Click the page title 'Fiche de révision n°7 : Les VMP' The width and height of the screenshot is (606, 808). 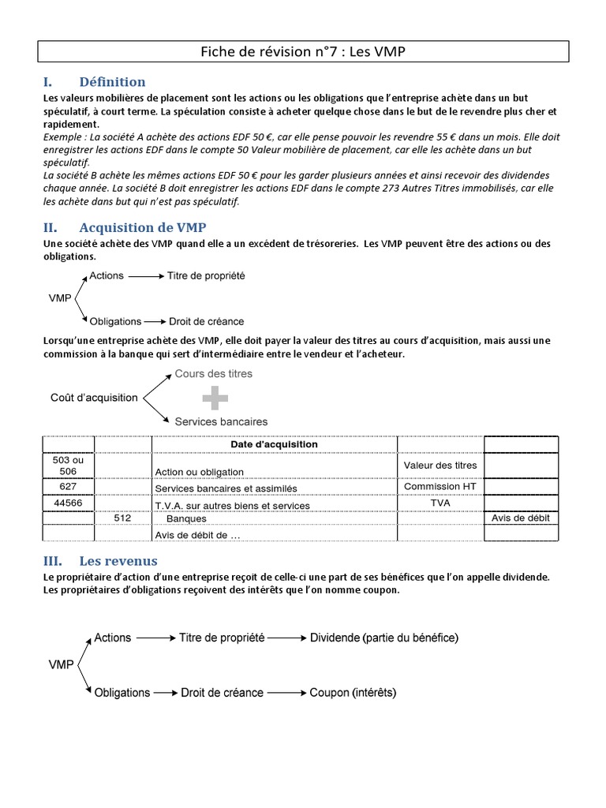pyautogui.click(x=303, y=51)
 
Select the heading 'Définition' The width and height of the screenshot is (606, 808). pyautogui.click(x=112, y=82)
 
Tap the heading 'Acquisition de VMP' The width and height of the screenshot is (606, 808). pyautogui.click(x=143, y=227)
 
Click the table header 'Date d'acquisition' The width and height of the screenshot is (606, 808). pyautogui.click(x=274, y=444)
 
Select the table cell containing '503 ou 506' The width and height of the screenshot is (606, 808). pyautogui.click(x=67, y=466)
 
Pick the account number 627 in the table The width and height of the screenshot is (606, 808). pyautogui.click(x=67, y=487)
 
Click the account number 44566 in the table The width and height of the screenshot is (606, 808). pyautogui.click(x=67, y=503)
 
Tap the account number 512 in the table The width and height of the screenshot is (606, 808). pyautogui.click(x=122, y=518)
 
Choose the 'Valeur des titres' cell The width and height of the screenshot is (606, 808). pyautogui.click(x=440, y=466)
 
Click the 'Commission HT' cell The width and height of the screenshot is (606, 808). pyautogui.click(x=440, y=487)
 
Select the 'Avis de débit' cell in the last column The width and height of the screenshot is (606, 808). pyautogui.click(x=520, y=518)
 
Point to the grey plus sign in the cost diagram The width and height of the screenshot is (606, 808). pyautogui.click(x=210, y=398)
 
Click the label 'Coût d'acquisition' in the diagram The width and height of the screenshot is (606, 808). pyautogui.click(x=94, y=398)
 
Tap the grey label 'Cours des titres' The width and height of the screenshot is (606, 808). pyautogui.click(x=213, y=374)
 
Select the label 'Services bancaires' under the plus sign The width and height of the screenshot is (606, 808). pyautogui.click(x=221, y=421)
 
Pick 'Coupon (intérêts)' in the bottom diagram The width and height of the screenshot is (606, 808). pyautogui.click(x=353, y=693)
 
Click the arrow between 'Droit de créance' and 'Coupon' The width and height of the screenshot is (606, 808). pyautogui.click(x=286, y=693)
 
